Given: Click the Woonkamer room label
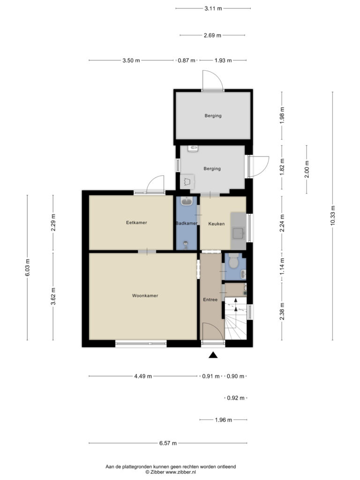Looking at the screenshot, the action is (145, 296).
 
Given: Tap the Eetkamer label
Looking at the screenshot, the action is (136, 223).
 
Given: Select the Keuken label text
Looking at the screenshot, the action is (217, 224).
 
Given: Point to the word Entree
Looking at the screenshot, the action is (210, 300).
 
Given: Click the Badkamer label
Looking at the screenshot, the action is (187, 224).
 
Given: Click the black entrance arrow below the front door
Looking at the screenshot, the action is (213, 355).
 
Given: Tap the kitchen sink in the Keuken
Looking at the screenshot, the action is (239, 233).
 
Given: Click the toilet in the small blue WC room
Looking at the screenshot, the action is (234, 261).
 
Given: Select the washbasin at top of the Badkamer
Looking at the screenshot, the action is (187, 201).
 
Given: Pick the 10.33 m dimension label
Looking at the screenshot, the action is (333, 216).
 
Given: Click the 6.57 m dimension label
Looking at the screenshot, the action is (168, 443).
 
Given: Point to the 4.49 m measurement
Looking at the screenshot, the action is (143, 376).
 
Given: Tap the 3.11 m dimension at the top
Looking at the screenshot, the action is (213, 8).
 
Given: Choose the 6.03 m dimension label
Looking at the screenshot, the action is (28, 268).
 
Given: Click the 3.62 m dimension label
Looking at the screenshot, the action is (53, 296).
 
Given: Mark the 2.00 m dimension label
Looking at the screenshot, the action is (307, 169).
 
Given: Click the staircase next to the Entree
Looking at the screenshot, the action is (236, 318).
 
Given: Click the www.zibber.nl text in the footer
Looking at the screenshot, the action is (180, 472).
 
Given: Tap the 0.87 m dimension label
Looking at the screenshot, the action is (187, 60).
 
